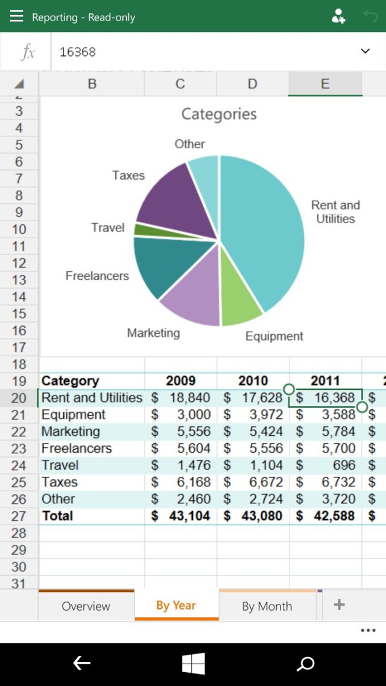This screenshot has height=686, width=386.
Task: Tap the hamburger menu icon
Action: [16, 16]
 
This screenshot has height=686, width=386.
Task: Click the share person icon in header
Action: [338, 16]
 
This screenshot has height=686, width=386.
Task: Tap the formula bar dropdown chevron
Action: [365, 51]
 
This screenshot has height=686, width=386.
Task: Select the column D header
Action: [252, 84]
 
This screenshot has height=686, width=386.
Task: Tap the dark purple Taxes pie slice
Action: [169, 199]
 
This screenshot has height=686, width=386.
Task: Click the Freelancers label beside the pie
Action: [97, 276]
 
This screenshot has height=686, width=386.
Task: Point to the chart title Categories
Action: [219, 114]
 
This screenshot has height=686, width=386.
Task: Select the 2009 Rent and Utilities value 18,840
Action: [181, 398]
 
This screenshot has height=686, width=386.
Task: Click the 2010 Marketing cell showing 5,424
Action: [253, 432]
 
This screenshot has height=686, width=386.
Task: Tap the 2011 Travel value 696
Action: [326, 465]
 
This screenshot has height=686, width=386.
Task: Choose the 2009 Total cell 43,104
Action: [181, 516]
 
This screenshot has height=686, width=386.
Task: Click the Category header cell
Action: [70, 381]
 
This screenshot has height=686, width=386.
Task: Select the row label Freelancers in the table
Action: [77, 448]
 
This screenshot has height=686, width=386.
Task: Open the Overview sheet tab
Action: [86, 606]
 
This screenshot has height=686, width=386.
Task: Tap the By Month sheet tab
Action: [267, 606]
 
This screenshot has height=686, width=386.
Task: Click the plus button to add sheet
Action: [339, 605]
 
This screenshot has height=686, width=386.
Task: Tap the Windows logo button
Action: [193, 664]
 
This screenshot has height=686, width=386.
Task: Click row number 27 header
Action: [19, 516]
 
